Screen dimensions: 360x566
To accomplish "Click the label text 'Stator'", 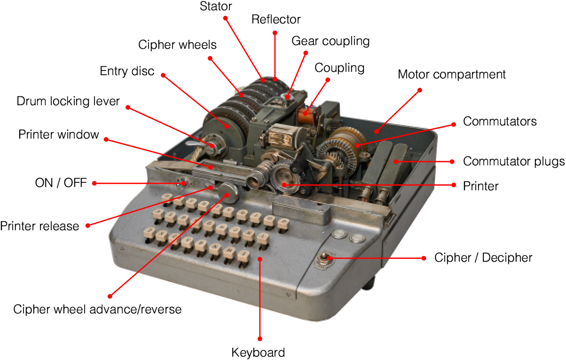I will (x=216, y=7).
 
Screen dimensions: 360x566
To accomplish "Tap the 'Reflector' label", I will (x=276, y=20).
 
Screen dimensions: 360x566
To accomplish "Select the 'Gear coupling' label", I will (x=330, y=41).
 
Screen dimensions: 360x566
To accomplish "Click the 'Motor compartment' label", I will (x=451, y=74).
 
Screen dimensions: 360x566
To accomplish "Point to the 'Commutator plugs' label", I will (x=514, y=162).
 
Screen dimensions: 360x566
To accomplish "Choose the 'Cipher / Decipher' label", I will (x=483, y=258).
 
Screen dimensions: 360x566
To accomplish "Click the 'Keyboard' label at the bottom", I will (x=258, y=352).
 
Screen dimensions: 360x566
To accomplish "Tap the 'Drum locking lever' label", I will (x=68, y=101).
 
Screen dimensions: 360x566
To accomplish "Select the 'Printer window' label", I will (x=59, y=135).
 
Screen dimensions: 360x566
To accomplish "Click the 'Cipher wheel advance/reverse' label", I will (x=97, y=309).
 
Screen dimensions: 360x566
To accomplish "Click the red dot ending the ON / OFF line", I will (x=94, y=183).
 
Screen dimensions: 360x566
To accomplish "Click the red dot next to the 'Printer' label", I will (x=453, y=185).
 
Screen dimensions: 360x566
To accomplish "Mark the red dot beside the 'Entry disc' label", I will (x=164, y=75).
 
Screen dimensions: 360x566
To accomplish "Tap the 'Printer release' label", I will (x=39, y=226).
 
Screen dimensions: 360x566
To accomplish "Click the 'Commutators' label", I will (x=500, y=121).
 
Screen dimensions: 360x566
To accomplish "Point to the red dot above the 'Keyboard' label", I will (x=259, y=338).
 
